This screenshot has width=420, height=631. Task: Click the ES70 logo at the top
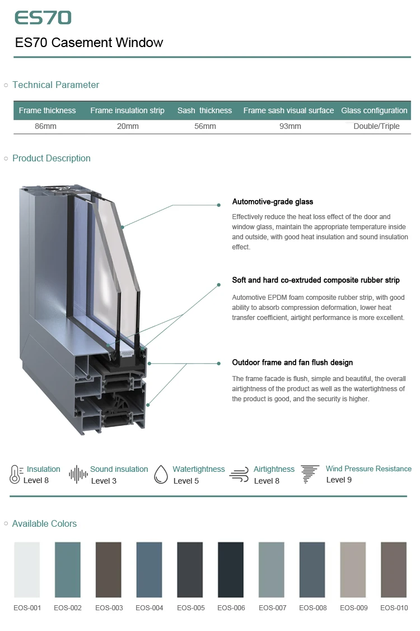point(43,18)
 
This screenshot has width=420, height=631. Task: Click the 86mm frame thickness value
point(46,126)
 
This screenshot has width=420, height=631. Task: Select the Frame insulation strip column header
point(127,110)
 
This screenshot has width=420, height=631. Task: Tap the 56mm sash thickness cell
point(205,126)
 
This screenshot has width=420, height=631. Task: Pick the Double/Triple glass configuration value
point(376,126)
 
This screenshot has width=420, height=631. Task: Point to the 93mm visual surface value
point(290,126)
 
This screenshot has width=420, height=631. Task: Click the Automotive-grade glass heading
point(273,202)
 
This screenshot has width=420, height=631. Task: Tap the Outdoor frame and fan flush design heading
point(292,363)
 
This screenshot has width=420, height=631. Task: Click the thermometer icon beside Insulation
point(15,474)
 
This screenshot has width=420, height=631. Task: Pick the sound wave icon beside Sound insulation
point(78,474)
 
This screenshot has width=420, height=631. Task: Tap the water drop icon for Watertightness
point(161,474)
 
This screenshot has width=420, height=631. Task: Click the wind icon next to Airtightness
point(239,475)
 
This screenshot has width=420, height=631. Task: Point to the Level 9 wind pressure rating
point(339,480)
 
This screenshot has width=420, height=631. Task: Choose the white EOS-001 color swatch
point(27,569)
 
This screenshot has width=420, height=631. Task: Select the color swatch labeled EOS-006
point(231,569)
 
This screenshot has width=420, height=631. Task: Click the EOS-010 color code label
point(394,607)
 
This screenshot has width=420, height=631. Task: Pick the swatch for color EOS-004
point(149,569)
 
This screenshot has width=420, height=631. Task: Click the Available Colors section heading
point(44,523)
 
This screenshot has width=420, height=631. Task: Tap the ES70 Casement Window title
point(89,43)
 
